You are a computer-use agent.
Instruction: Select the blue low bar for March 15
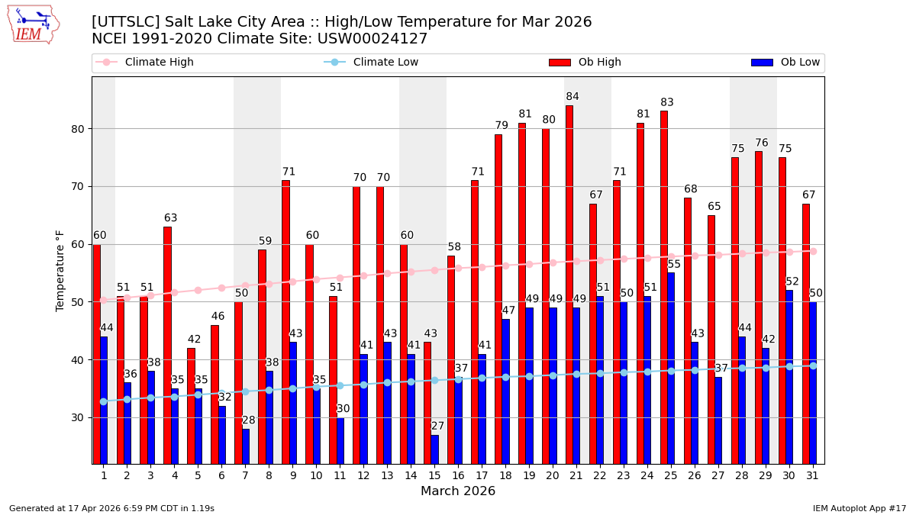(x=434, y=449)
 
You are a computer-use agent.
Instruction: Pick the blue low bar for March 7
(x=245, y=446)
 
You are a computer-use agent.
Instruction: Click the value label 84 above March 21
(x=572, y=97)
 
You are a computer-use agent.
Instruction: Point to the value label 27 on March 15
(x=437, y=426)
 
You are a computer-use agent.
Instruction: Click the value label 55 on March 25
(x=674, y=265)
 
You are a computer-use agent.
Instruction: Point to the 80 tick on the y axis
(x=79, y=129)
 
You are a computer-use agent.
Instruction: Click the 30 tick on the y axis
(x=79, y=418)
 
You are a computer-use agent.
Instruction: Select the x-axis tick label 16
(x=458, y=475)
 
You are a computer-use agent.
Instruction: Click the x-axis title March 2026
(x=458, y=491)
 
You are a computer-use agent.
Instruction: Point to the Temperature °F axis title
(x=60, y=271)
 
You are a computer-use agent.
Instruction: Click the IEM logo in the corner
(x=33, y=24)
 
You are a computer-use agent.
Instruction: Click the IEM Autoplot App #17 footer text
(x=859, y=508)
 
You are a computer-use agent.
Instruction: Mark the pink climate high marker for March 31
(x=813, y=251)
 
